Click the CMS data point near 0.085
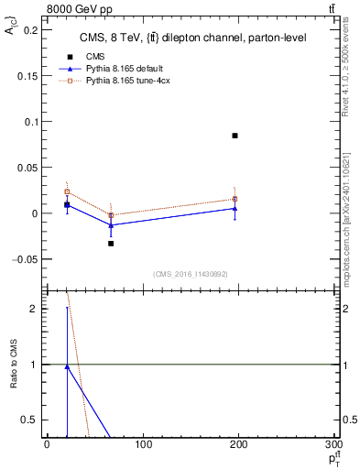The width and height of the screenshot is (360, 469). [x=235, y=136]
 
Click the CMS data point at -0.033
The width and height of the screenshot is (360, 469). [x=111, y=244]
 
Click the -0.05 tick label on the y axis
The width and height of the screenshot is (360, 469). [x=27, y=259]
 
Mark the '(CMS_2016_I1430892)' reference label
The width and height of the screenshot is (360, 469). [x=189, y=274]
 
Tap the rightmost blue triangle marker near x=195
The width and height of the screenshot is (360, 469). [x=235, y=208]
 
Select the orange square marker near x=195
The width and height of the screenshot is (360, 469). [x=235, y=199]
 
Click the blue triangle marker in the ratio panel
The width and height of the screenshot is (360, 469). [x=67, y=366]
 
